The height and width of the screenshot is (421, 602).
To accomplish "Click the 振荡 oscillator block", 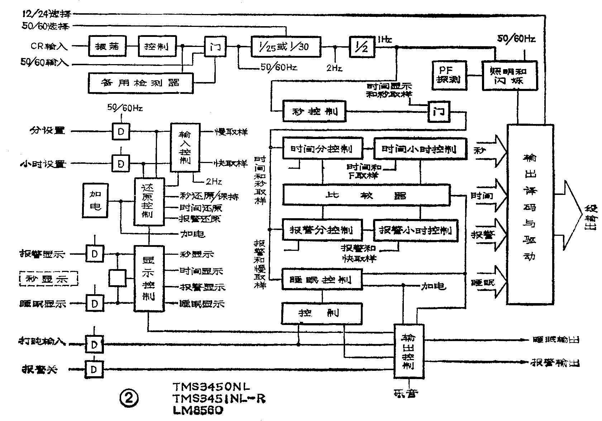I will click(x=107, y=46).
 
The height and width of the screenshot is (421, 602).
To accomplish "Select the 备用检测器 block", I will click(x=140, y=83).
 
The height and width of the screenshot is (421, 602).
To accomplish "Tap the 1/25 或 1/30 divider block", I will click(x=286, y=47).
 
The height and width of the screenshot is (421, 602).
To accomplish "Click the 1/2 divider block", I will click(x=362, y=47).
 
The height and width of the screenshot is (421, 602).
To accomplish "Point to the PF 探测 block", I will click(x=446, y=75).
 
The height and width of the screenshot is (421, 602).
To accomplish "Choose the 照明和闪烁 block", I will click(x=509, y=76).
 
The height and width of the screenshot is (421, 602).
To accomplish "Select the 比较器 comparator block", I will click(x=366, y=195).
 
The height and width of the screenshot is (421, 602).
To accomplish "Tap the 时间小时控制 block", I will click(x=420, y=149).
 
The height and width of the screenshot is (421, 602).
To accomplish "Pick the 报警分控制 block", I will click(x=322, y=230).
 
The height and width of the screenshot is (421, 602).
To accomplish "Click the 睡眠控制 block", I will click(x=322, y=279).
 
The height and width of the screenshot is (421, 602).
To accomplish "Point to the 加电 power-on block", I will click(x=95, y=201).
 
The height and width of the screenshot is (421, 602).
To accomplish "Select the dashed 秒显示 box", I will click(x=49, y=278).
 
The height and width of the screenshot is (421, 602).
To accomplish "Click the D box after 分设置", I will click(x=121, y=131).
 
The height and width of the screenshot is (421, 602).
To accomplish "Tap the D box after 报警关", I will click(x=94, y=369).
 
